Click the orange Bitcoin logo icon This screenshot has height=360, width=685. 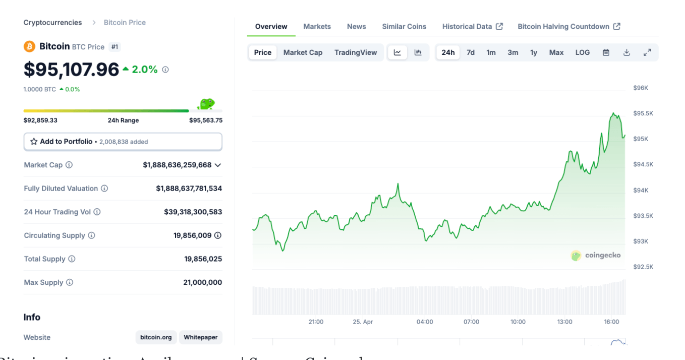(29, 46)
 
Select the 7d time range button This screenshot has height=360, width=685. (471, 52)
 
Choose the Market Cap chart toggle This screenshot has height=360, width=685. (303, 52)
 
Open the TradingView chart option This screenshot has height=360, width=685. (356, 52)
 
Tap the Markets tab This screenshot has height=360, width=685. (317, 26)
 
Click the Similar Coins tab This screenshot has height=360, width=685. (404, 26)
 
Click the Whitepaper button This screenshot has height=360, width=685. (200, 337)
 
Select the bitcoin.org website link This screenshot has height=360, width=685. (156, 337)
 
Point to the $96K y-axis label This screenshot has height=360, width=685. (641, 88)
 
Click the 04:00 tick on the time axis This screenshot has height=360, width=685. (425, 322)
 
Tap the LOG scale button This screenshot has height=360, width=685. (583, 52)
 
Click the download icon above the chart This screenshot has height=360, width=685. (626, 52)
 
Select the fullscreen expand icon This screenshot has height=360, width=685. (647, 52)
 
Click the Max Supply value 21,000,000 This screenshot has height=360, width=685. (202, 282)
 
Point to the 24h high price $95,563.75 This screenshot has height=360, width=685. (205, 120)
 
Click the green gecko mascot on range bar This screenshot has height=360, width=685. (206, 104)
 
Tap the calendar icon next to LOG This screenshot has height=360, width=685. (606, 52)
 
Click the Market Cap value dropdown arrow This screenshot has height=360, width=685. (218, 165)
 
